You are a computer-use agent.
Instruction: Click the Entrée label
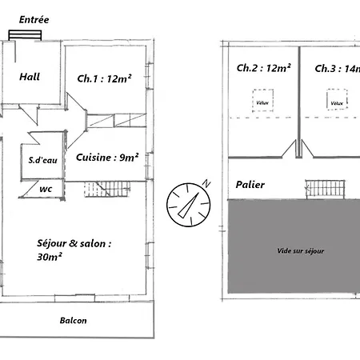pyautogui.click(x=34, y=19)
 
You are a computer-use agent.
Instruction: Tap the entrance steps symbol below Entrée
pyautogui.click(x=25, y=35)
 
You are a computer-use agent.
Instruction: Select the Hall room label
pyautogui.click(x=30, y=77)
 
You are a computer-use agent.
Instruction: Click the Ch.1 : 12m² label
pyautogui.click(x=104, y=78)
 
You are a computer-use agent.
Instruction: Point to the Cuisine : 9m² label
pyautogui.click(x=107, y=158)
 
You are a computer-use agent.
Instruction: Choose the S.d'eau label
pyautogui.click(x=43, y=160)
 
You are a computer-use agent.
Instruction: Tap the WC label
pyautogui.click(x=46, y=189)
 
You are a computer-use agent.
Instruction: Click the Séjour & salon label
pyautogui.click(x=74, y=243)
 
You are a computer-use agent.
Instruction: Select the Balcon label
pyautogui.click(x=73, y=320)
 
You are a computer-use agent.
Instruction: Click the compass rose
pyautogui.click(x=189, y=205)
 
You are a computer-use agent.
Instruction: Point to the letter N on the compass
pyautogui.click(x=206, y=183)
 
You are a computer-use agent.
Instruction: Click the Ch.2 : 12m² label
pyautogui.click(x=263, y=68)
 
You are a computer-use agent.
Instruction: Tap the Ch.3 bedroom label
pyautogui.click(x=338, y=69)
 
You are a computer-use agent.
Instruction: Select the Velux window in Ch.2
pyautogui.click(x=263, y=100)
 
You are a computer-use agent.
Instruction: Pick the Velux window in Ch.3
pyautogui.click(x=337, y=99)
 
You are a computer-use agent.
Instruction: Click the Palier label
pyautogui.click(x=250, y=185)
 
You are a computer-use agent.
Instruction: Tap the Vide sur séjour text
pyautogui.click(x=301, y=251)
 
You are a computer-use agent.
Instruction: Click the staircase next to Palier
pyautogui.click(x=325, y=190)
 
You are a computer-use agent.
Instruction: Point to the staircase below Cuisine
pyautogui.click(x=107, y=189)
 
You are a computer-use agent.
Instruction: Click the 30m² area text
pyautogui.click(x=50, y=257)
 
